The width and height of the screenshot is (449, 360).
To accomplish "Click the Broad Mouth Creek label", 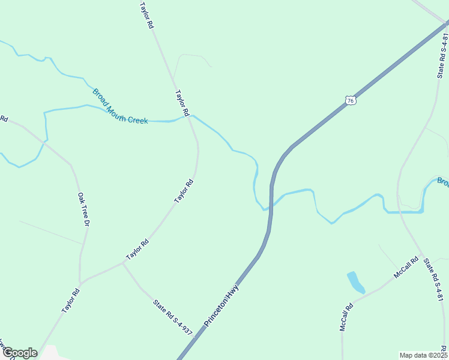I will (119, 107).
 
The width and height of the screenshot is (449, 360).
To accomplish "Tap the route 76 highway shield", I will (351, 100).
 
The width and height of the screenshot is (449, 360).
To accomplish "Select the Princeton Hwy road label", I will (221, 306).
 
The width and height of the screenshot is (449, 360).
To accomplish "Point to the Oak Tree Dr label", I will (83, 209).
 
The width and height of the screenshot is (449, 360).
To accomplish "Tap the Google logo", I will (20, 353).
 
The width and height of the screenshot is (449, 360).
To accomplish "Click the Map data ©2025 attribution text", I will (423, 355).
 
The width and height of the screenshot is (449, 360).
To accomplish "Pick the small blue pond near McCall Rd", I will (355, 282).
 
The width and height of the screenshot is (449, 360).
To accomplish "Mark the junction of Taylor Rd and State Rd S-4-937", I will (122, 263).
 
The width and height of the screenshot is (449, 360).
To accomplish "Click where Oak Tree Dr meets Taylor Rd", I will (80, 282).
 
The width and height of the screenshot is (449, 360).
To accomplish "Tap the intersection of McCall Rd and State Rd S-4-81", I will (423, 256).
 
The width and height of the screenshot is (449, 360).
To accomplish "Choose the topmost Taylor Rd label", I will (147, 16).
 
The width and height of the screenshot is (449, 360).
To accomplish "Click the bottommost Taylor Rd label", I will (70, 301).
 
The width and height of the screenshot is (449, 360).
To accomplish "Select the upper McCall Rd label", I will (406, 268).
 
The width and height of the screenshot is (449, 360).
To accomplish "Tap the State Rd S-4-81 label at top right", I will (442, 55).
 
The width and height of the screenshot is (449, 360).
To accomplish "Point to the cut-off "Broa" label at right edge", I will (442, 182).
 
